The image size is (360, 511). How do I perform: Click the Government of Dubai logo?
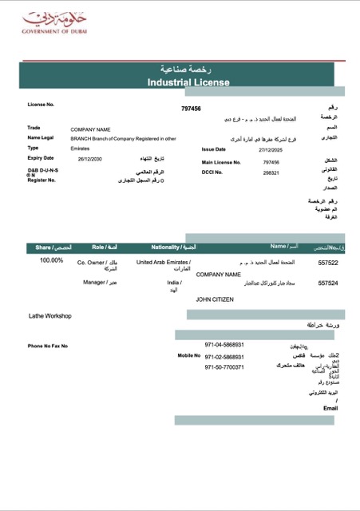(50, 22)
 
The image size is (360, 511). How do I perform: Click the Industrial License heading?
(188, 82)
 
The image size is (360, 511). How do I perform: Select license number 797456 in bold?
(191, 109)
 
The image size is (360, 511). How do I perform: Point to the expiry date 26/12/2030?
(91, 159)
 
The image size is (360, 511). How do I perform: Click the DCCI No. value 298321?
(271, 172)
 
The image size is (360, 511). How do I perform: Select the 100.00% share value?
(51, 260)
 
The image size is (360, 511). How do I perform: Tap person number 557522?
(328, 262)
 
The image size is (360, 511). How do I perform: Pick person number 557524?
(328, 283)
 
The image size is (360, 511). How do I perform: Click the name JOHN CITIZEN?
(219, 299)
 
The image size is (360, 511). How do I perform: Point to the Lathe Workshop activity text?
(50, 316)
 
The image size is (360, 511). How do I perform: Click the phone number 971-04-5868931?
(224, 345)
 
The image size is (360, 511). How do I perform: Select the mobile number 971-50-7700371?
(224, 367)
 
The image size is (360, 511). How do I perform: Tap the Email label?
(330, 408)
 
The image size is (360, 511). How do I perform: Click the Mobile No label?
(188, 355)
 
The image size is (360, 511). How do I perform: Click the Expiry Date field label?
(41, 158)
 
